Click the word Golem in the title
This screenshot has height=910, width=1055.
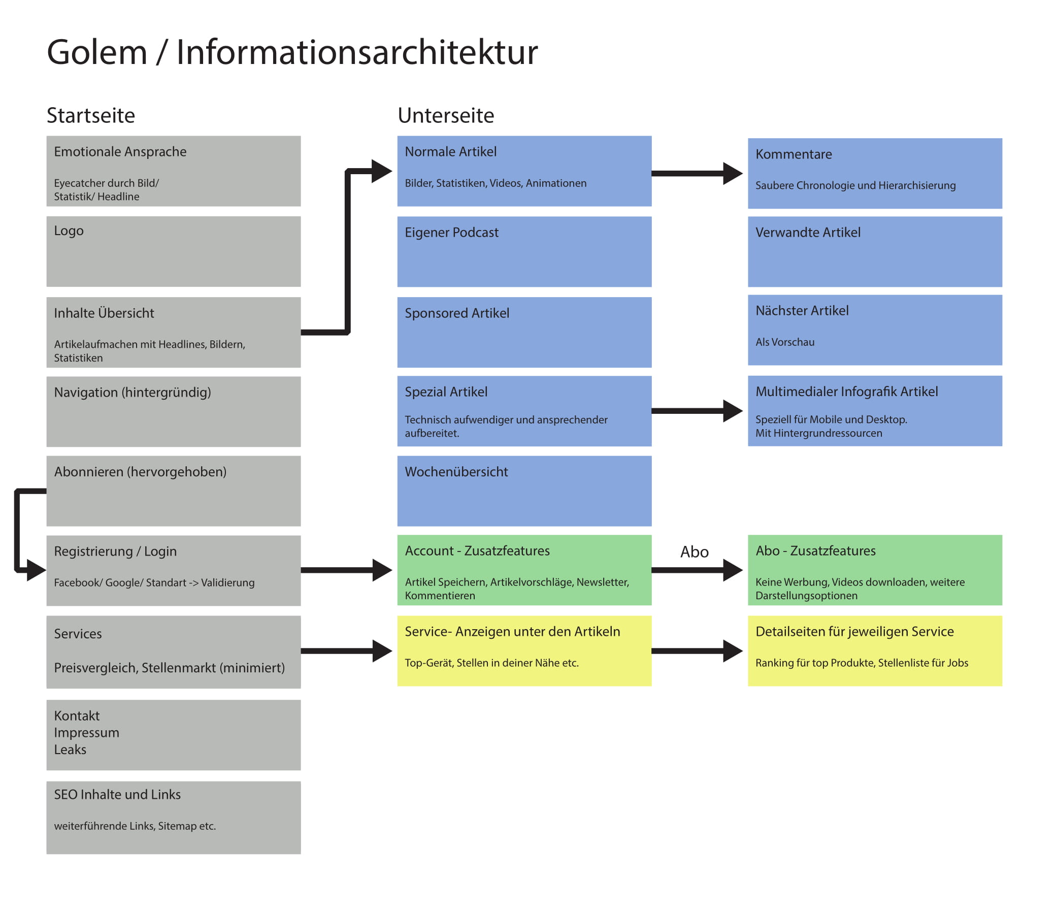[97, 52]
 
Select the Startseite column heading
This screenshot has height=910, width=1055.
[91, 116]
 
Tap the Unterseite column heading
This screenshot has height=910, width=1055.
[446, 116]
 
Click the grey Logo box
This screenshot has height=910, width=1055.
[173, 251]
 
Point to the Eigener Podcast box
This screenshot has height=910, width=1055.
[524, 251]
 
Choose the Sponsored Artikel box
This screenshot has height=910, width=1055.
[524, 332]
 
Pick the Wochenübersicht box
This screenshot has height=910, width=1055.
[524, 491]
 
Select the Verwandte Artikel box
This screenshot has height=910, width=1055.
[874, 251]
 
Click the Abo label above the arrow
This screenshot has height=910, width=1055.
[694, 552]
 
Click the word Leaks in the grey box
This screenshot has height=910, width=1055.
[70, 750]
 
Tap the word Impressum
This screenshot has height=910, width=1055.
[86, 733]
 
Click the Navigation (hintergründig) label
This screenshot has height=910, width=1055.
[133, 393]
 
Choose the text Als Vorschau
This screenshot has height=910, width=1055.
[784, 342]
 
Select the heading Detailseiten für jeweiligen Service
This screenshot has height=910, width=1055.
[854, 631]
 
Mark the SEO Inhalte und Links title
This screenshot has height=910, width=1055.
[117, 794]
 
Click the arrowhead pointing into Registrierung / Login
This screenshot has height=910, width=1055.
[36, 570]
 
